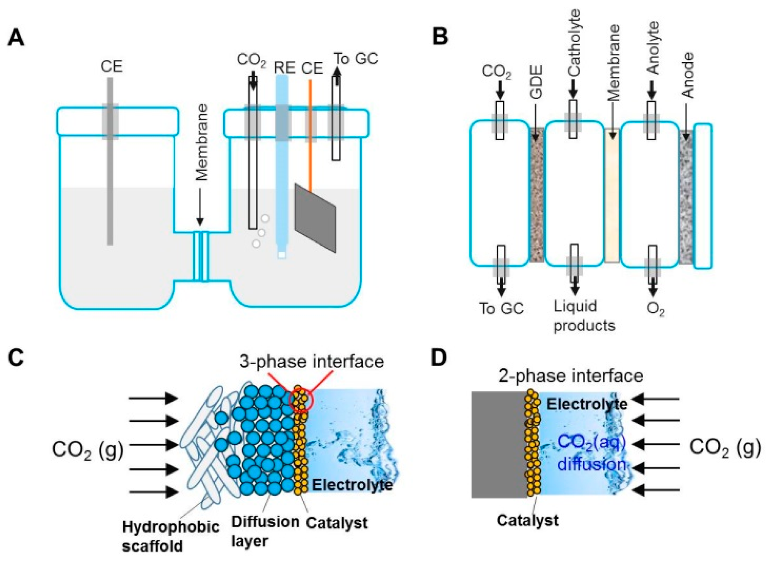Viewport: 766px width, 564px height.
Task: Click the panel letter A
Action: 16,39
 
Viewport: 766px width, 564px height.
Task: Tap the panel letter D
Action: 439,358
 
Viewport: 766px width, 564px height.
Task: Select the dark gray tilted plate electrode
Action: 315,218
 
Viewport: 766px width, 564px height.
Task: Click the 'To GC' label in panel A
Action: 355,59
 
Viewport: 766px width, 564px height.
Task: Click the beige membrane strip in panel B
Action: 612,195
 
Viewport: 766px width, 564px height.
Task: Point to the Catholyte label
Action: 574,42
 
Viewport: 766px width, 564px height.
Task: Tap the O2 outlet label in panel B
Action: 656,309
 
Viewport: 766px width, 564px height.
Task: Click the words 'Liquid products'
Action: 583,316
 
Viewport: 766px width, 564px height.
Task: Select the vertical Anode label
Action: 687,75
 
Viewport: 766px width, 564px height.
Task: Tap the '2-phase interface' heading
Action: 571,375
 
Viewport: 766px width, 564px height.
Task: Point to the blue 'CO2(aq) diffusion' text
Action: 591,453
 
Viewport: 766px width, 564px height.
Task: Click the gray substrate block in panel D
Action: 498,444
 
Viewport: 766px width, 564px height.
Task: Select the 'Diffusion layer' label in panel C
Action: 265,531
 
